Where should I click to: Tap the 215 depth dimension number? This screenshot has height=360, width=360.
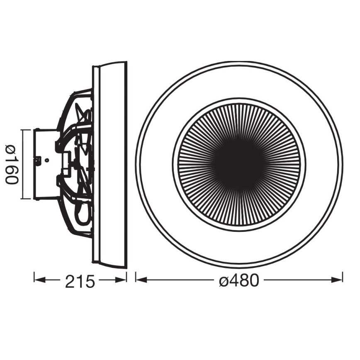point(80,281)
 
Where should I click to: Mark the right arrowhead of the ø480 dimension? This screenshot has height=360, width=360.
point(337,280)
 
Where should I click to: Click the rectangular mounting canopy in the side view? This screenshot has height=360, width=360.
point(46,164)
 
